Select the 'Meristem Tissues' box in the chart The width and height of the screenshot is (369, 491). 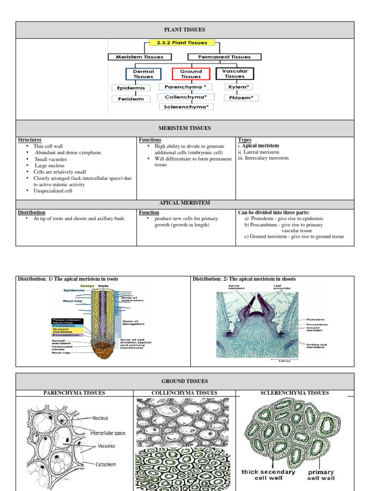(139, 57)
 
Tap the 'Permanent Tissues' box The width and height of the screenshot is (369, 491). (225, 57)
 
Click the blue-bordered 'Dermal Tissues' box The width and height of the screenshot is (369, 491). (143, 74)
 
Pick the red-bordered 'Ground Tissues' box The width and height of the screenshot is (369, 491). (191, 74)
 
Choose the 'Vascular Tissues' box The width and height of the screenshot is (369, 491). (234, 73)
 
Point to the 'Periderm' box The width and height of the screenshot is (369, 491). (131, 99)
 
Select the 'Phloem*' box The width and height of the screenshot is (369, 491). (241, 98)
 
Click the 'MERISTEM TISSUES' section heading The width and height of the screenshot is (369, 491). (185, 128)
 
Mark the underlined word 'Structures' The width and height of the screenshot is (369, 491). (29, 140)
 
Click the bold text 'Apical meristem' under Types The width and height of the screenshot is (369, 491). (260, 146)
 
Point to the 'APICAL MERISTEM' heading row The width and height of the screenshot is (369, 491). (185, 203)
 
